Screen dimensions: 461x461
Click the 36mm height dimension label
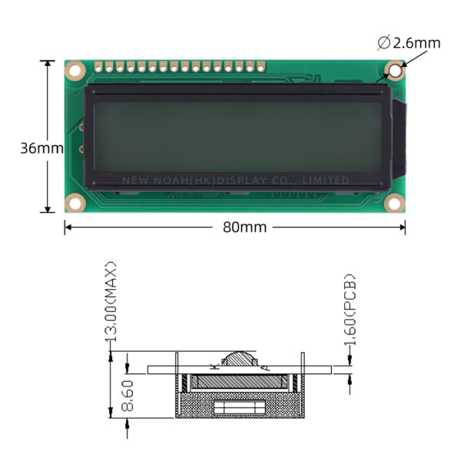tap(41, 148)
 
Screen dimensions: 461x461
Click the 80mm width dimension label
tap(244, 227)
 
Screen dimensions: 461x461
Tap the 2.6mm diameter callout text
tap(416, 43)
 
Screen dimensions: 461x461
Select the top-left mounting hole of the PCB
tap(75, 71)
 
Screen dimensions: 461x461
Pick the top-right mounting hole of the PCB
tap(395, 71)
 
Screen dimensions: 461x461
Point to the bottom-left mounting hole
tap(75, 203)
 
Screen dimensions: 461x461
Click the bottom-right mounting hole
tap(395, 203)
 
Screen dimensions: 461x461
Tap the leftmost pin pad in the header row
tap(98, 67)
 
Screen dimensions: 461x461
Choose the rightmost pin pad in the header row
tap(260, 67)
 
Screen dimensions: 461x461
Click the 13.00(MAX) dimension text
tap(111, 302)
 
